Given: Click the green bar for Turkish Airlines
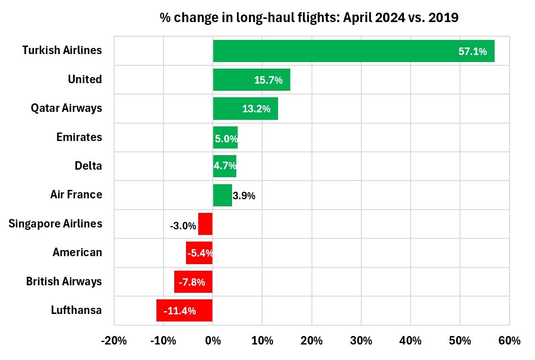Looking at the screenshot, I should click(x=329, y=51).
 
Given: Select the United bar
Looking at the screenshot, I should click(x=235, y=79).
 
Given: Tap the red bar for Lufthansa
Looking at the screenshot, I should click(x=184, y=310).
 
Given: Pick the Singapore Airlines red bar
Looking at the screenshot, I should click(x=206, y=224).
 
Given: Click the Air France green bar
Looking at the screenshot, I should click(x=222, y=195).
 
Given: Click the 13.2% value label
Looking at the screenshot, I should click(x=256, y=109).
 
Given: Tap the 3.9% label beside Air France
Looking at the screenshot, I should click(x=244, y=196).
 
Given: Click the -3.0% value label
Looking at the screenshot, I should click(x=183, y=226).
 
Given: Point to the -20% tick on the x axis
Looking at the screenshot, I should click(x=114, y=341).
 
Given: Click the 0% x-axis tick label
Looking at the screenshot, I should click(x=213, y=341).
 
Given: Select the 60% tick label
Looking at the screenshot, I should click(x=509, y=341).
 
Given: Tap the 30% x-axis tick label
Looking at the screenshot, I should click(x=361, y=341).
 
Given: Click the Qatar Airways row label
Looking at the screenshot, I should click(x=66, y=108).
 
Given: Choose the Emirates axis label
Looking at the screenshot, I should click(x=79, y=137).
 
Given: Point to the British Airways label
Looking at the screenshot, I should click(x=64, y=282).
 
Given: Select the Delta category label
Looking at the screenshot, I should click(x=88, y=166).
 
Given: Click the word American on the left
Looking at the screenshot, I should click(x=77, y=252).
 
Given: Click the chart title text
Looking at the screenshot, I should click(x=309, y=18).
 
